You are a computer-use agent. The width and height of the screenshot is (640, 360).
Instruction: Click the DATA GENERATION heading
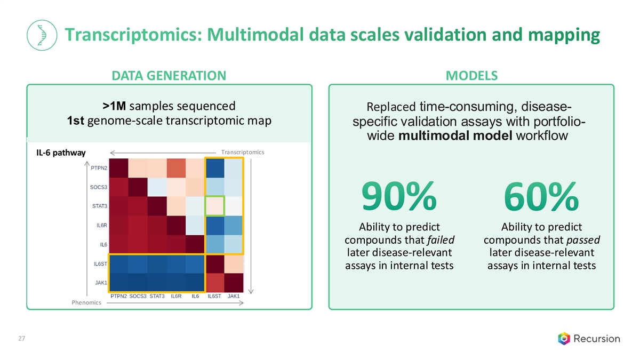[x=169, y=76]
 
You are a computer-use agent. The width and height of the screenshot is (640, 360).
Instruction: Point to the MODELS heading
[x=471, y=76]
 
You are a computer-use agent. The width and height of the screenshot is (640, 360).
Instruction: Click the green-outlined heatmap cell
[x=215, y=206]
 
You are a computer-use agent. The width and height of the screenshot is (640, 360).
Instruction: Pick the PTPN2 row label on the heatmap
[x=98, y=168]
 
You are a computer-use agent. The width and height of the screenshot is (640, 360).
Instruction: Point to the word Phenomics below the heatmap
[x=86, y=303]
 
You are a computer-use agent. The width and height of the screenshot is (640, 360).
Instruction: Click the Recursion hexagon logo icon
[x=564, y=338]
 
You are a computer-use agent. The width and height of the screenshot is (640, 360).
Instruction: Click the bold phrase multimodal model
[x=455, y=135]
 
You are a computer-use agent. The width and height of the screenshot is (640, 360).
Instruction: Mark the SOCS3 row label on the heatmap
[x=98, y=187]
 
